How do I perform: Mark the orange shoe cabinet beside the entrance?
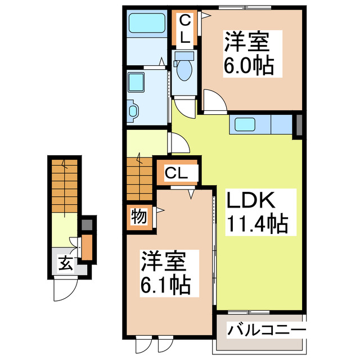click(87, 247)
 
